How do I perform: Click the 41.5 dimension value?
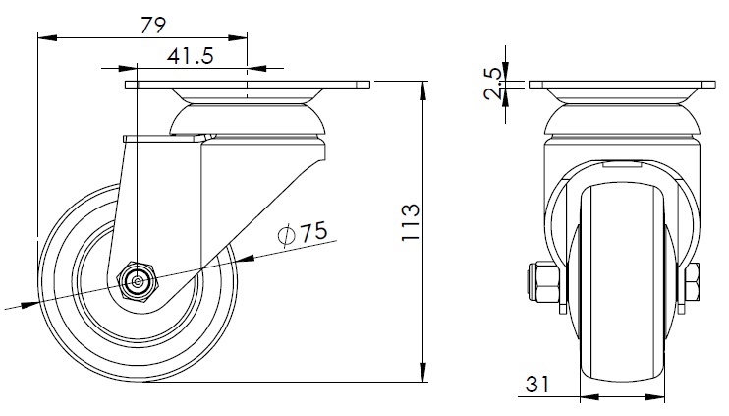tap(191, 57)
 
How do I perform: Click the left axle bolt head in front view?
tap(542, 280)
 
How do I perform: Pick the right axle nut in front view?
tap(693, 284)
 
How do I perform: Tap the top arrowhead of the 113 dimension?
tap(423, 90)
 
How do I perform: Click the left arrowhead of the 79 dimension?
tap(44, 39)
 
